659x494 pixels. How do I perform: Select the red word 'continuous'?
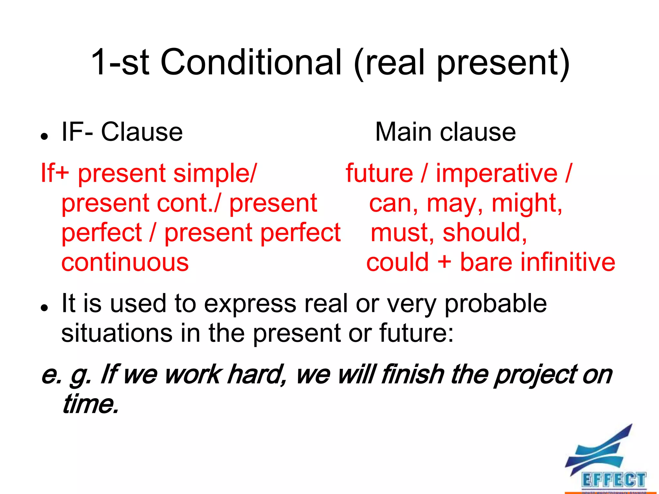click(125, 262)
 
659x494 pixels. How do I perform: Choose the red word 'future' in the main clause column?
click(379, 174)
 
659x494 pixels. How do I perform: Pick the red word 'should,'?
click(485, 233)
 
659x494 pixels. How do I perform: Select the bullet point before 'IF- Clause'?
click(44, 136)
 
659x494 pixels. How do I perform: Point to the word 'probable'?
click(496, 304)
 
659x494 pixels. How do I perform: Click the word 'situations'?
click(116, 333)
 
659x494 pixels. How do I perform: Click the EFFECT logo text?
click(613, 480)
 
